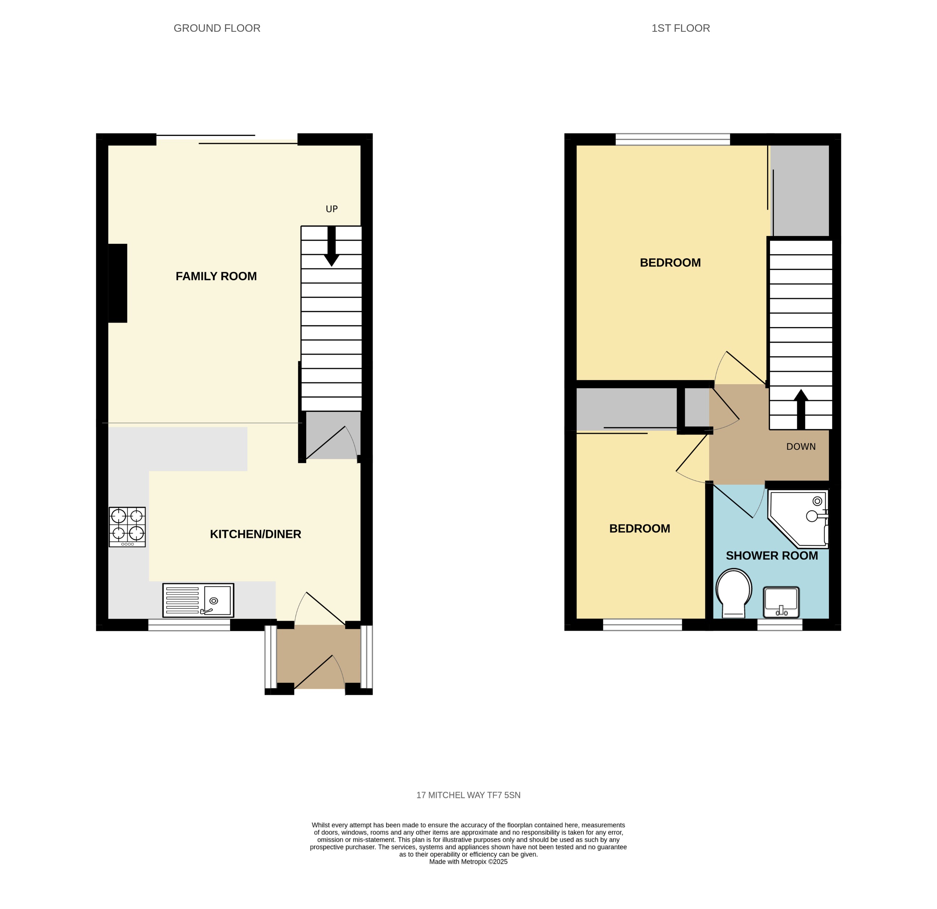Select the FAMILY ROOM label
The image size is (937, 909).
216,276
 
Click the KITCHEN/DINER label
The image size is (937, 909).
255,534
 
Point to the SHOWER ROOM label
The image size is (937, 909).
771,555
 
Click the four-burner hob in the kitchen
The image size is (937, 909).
127,527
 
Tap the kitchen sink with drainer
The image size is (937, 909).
198,600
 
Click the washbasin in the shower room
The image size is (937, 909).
781,602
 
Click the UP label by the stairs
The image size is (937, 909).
331,209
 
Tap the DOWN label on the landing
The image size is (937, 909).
801,447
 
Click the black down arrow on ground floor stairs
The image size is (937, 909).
331,247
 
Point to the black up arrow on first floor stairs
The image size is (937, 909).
801,409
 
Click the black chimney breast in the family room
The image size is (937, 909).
118,283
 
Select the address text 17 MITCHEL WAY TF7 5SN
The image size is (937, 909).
468,795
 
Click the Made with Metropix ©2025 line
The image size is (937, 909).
468,862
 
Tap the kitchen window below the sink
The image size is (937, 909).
189,625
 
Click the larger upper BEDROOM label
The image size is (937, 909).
670,263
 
